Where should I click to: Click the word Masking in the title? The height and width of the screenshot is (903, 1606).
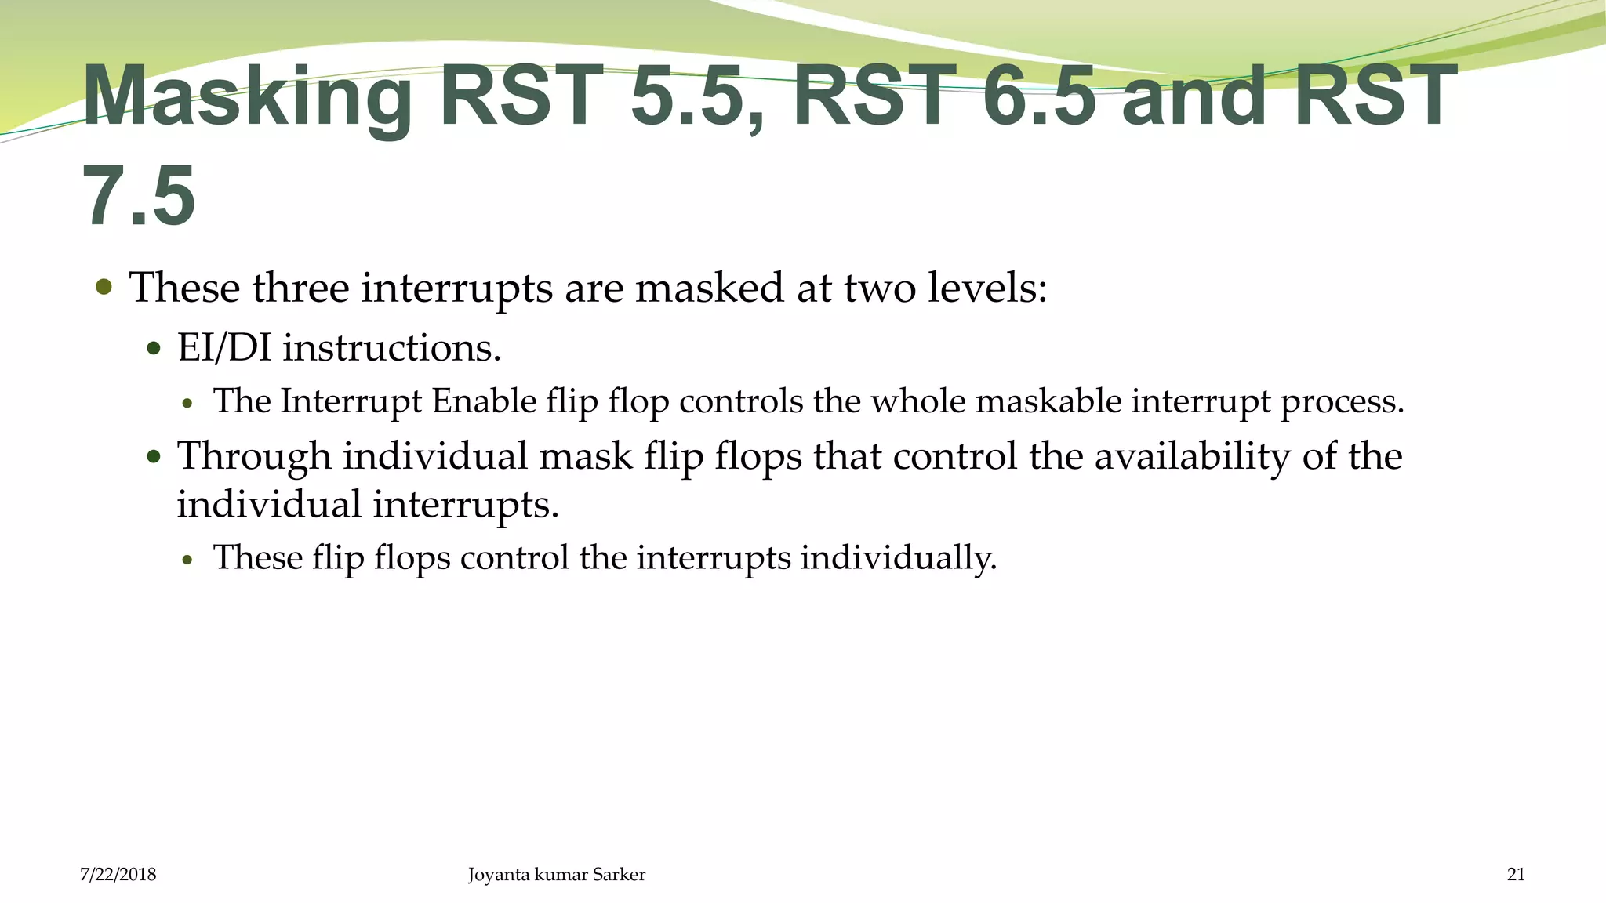click(246, 99)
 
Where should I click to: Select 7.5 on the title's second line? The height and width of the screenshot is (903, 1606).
click(139, 198)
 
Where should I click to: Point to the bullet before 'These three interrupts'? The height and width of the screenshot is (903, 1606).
click(104, 287)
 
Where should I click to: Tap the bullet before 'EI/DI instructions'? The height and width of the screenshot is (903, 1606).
click(154, 348)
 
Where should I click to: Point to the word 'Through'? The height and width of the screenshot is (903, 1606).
click(254, 456)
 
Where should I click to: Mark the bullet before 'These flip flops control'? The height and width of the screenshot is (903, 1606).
click(187, 560)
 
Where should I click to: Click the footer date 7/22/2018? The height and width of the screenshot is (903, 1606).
click(118, 875)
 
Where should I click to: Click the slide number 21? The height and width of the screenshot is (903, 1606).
click(1516, 875)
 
